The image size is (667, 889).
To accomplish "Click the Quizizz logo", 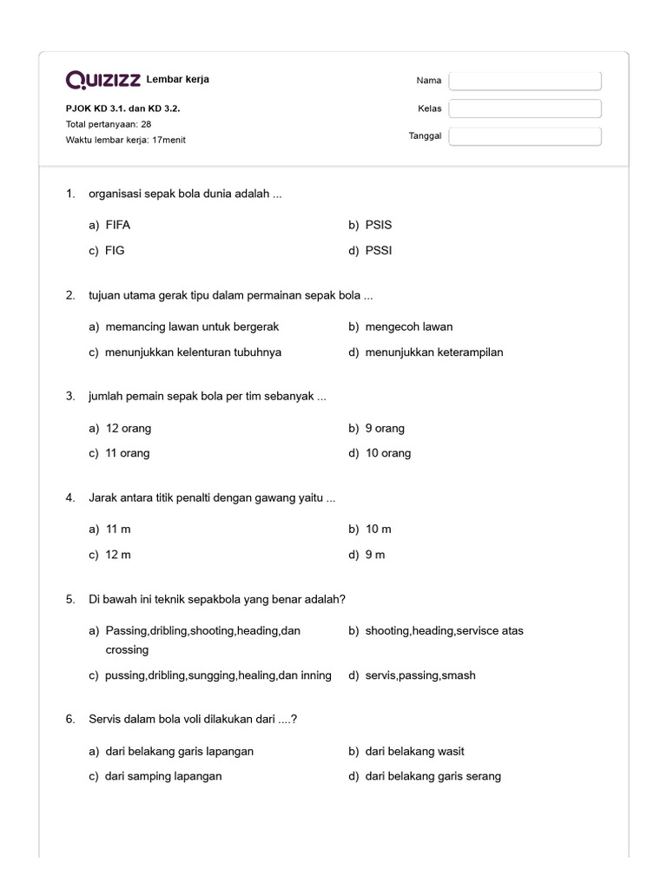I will [103, 80].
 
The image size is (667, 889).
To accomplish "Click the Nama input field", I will [525, 81].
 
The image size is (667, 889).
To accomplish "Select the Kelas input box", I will [525, 109].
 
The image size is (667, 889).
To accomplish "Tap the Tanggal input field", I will [525, 136].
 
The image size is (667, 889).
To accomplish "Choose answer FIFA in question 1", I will [117, 225].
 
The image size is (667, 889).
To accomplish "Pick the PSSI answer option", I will [379, 251].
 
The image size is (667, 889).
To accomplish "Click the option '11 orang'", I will [128, 453].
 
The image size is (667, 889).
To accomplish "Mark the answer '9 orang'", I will [385, 428].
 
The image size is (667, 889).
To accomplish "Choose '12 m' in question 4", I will [118, 554].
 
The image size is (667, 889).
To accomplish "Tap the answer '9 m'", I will [375, 554].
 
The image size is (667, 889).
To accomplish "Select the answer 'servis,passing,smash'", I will [420, 675].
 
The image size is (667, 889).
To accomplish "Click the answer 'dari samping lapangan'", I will [163, 776].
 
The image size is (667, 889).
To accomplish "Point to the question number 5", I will [70, 599].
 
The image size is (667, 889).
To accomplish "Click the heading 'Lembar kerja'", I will [178, 80].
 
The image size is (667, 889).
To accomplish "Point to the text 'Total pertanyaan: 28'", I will [109, 124].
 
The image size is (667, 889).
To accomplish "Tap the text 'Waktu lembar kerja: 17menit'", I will [126, 140].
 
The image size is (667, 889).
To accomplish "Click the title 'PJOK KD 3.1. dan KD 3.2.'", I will [123, 109].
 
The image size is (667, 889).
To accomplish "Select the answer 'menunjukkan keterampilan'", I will [434, 352].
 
